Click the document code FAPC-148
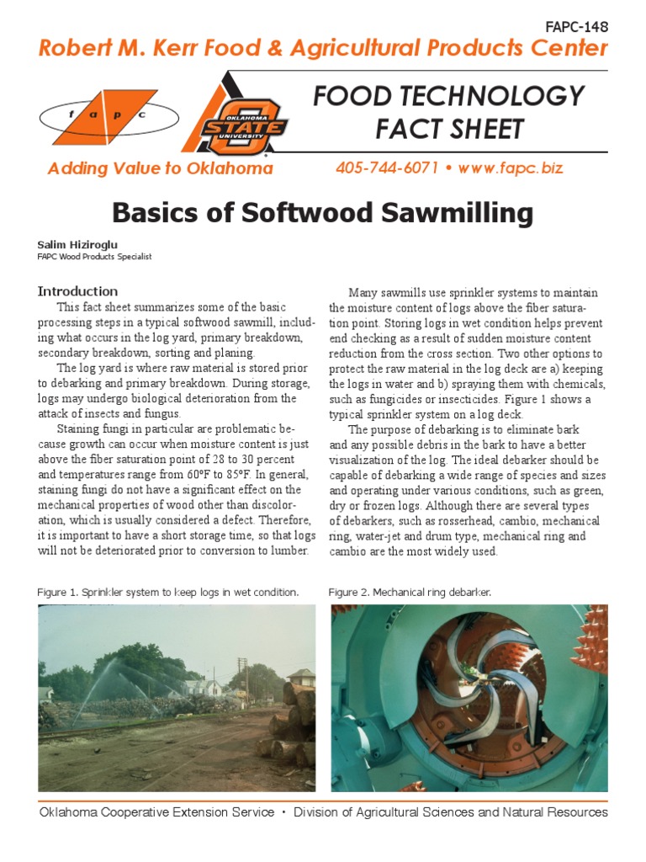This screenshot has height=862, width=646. coord(576,26)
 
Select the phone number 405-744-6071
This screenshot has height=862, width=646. coord(387,168)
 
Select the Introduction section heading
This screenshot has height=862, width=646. coord(77,291)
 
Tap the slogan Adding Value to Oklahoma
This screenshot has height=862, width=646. coord(161,168)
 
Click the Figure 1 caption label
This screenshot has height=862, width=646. coord(57,593)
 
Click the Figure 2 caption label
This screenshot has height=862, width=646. coord(348,593)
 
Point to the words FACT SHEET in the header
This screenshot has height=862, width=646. coord(449,129)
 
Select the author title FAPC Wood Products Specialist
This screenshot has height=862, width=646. coord(94,257)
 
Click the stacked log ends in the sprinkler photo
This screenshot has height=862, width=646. coord(294,724)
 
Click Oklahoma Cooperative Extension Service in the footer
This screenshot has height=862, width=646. coord(156,812)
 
